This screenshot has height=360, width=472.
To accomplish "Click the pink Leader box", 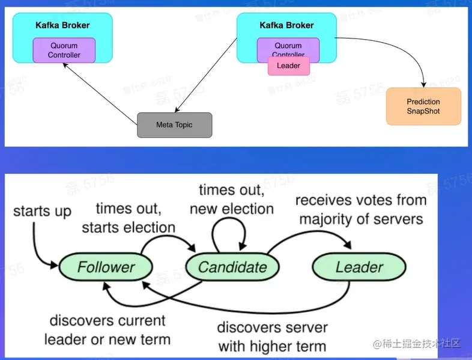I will [x=288, y=66].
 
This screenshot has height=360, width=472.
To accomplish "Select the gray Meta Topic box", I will [x=175, y=125].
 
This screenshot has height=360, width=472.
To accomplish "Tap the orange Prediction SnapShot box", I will [x=423, y=106].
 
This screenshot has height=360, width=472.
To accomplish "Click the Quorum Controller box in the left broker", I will [x=64, y=50].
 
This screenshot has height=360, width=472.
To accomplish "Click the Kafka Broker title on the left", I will [x=62, y=25].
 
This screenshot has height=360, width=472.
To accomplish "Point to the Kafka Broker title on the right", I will [x=286, y=25].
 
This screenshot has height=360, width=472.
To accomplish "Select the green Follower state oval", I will [x=106, y=267].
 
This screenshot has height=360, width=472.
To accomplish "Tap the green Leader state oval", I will [x=359, y=267].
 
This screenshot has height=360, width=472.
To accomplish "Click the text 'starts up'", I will [x=42, y=211].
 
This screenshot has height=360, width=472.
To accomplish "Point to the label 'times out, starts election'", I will [x=129, y=218].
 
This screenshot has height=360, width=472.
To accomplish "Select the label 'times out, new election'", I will [x=231, y=200].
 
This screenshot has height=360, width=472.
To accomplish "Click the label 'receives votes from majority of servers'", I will [x=361, y=209].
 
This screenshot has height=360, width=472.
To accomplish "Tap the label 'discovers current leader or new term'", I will [x=107, y=329].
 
